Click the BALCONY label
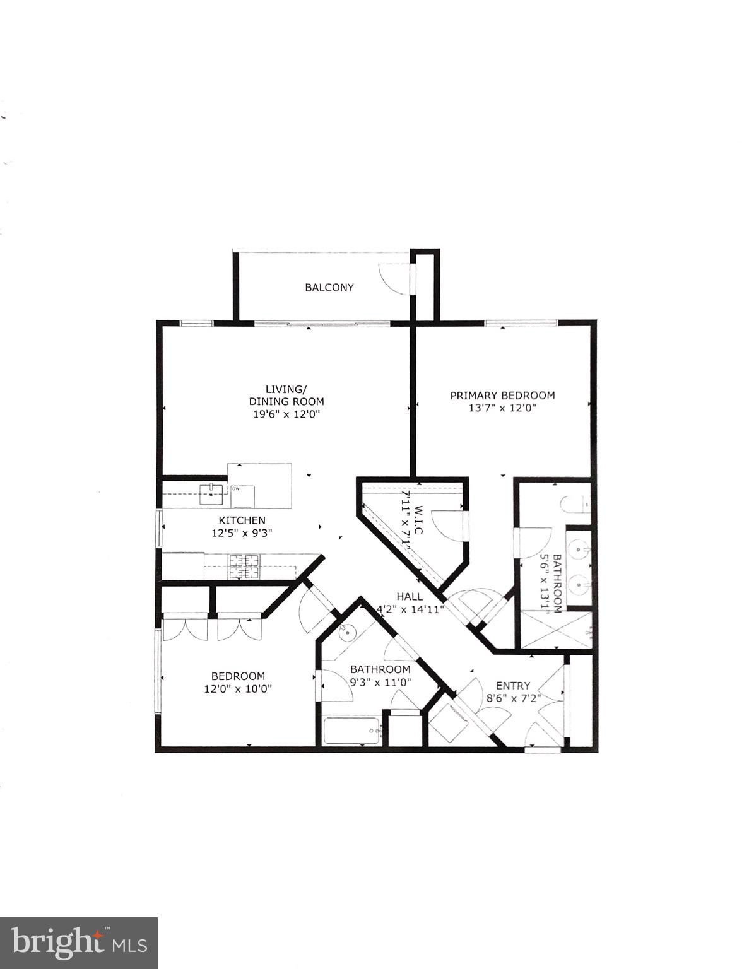click(x=329, y=288)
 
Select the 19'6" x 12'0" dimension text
click(x=286, y=414)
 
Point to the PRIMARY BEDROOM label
click(x=502, y=396)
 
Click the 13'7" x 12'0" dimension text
click(x=502, y=408)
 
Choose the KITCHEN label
click(x=242, y=520)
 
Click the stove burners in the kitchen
click(x=245, y=566)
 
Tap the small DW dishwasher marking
click(x=235, y=488)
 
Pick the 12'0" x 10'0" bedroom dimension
click(x=238, y=689)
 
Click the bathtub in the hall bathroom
click(x=352, y=732)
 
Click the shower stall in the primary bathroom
click(x=555, y=629)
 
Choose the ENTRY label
click(x=513, y=686)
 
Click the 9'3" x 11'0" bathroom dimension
click(x=380, y=682)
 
